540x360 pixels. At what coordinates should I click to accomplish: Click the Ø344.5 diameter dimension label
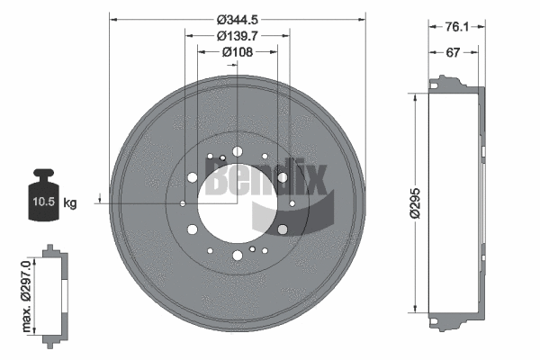click(238, 17)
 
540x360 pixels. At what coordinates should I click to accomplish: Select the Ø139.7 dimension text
click(238, 35)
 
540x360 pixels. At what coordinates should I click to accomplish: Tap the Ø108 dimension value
click(238, 52)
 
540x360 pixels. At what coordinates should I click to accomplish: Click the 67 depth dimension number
click(454, 53)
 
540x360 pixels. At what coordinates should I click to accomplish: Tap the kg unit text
click(71, 203)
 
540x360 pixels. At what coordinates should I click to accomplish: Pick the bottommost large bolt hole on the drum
click(238, 256)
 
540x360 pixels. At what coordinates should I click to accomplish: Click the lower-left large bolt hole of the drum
click(192, 229)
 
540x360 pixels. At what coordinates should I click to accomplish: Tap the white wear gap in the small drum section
click(65, 292)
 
